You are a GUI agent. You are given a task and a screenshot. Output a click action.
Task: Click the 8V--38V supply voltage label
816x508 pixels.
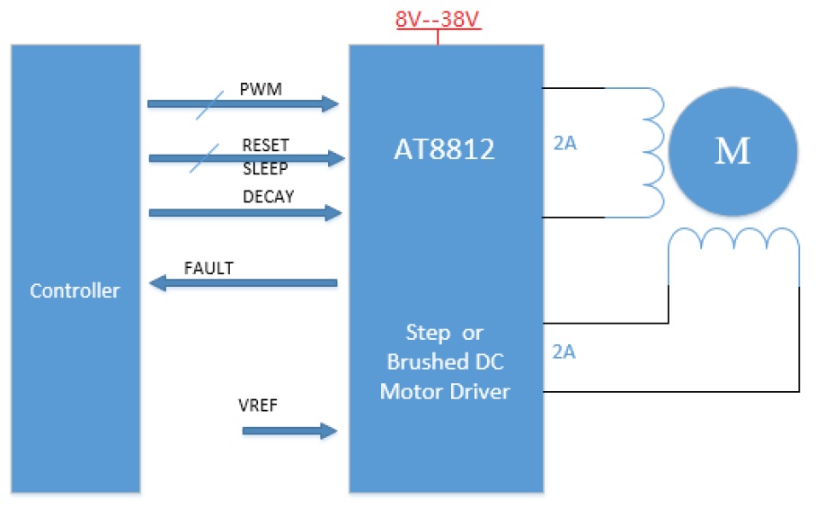pos(438,18)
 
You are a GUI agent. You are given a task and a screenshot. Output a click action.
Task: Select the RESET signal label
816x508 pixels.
pos(265,145)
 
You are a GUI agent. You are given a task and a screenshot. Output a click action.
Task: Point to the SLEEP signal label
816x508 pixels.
pos(265,167)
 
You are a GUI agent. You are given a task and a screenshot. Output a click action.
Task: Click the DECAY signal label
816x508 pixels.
pos(268,197)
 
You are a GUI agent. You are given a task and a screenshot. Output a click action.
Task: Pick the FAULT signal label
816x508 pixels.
pos(208,268)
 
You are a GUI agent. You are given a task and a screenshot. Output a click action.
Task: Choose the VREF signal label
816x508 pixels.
pos(257,406)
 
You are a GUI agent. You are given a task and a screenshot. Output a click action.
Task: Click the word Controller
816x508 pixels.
pos(75,290)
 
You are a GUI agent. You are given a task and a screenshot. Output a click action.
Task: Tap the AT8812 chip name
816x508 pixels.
pos(444,149)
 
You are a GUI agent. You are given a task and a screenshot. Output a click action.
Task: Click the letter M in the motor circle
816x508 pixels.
pos(732,151)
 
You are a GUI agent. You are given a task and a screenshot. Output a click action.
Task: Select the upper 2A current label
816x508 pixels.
pos(564,142)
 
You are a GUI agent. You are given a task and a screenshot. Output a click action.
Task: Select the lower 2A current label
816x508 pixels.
pos(564,352)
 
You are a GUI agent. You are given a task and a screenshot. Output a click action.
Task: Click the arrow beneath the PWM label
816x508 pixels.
pos(243,104)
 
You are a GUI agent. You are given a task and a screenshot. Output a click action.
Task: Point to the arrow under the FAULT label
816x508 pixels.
pos(243,284)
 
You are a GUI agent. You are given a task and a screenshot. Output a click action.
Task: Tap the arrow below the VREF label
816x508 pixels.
pos(288,432)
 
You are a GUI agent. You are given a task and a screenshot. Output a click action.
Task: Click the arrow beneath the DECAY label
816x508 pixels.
pos(244,213)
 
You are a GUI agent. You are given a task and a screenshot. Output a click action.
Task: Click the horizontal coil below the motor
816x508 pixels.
pos(732,241)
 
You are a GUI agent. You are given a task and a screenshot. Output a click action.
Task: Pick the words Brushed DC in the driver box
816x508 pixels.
pos(445,361)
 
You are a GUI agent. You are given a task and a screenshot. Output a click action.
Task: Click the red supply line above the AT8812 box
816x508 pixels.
pos(438,37)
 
